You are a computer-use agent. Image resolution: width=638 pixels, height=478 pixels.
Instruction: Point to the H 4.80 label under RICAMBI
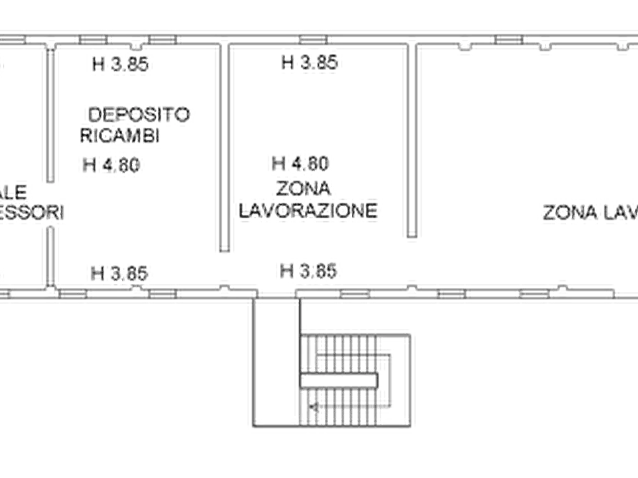[x=111, y=166]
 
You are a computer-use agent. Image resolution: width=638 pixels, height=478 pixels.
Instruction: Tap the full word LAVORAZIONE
[x=307, y=210]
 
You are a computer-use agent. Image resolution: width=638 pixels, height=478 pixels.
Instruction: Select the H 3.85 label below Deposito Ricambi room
[x=119, y=272]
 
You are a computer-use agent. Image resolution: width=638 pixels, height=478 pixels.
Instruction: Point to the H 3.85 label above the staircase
[x=309, y=271]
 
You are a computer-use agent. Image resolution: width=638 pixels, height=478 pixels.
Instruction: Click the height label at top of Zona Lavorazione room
[x=311, y=65]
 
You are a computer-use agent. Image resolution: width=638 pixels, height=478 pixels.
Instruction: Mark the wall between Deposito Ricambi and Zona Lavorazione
[x=225, y=150]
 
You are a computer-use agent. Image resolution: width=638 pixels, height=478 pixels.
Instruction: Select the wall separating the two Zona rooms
[x=412, y=143]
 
